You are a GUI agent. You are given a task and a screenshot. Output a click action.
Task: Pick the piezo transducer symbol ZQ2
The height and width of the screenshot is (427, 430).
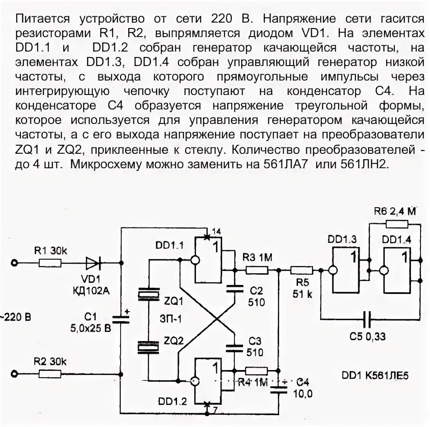148,346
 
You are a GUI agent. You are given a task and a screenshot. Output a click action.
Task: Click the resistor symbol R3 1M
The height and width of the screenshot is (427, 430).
257,270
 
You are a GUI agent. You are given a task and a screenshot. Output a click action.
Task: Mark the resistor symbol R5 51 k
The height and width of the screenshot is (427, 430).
301,270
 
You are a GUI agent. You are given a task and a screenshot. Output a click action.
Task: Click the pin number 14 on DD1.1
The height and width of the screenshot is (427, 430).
216,232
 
